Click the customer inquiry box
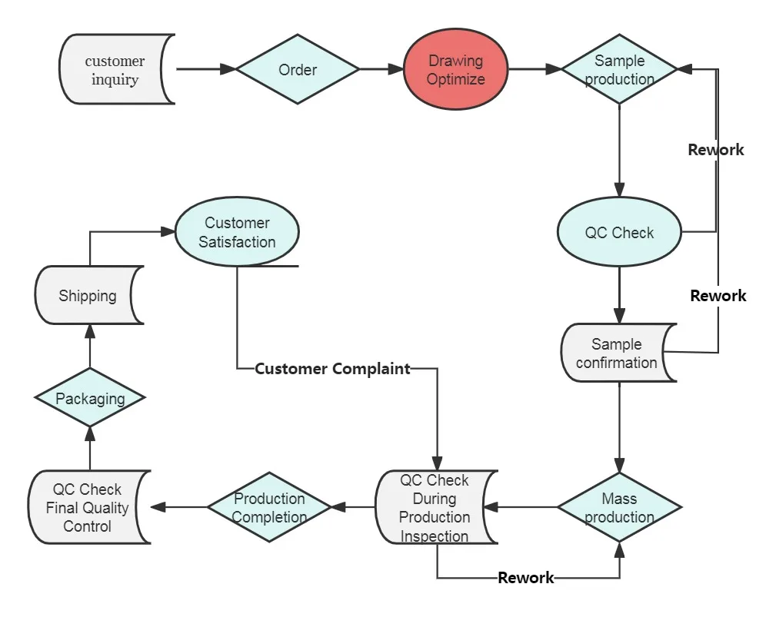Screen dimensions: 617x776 [x=115, y=69]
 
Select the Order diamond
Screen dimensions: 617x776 [x=298, y=70]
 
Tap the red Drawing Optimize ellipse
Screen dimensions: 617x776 [x=456, y=70]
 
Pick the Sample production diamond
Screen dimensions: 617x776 [x=619, y=70]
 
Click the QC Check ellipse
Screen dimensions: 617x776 [x=619, y=233]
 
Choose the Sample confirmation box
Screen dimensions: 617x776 [x=618, y=353]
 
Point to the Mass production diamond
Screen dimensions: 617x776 [x=619, y=508]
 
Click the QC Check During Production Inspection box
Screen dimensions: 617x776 [x=435, y=508]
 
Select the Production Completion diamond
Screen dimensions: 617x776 [x=269, y=507]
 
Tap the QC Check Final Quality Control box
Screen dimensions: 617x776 [x=88, y=507]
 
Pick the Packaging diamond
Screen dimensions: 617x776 [x=90, y=399]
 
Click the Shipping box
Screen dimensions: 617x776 [x=88, y=296]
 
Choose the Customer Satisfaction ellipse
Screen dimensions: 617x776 [x=237, y=232]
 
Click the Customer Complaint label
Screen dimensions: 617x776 [x=332, y=369]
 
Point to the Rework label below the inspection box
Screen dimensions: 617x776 [x=525, y=578]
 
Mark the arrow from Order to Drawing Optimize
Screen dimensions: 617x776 [x=382, y=70]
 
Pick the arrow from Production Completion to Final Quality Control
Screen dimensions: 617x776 [x=179, y=507]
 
